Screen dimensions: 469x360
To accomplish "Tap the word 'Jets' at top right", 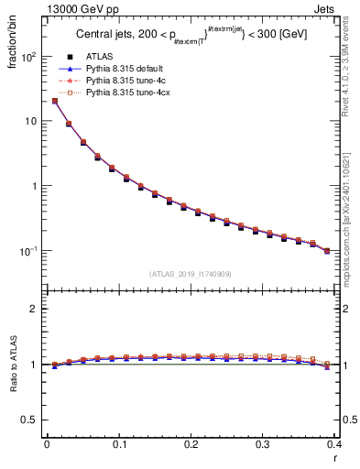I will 327,8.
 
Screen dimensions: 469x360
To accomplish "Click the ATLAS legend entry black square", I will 69,57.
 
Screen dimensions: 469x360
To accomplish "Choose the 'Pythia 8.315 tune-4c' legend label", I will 124,81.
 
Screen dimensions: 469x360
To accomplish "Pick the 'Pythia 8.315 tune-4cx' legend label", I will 125,93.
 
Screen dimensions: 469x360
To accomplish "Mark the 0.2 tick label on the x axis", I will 190,444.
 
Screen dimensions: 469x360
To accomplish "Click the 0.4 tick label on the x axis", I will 334,444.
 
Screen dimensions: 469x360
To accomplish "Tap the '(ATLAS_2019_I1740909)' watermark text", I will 190,274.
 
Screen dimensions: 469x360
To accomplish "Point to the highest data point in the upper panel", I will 55,101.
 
